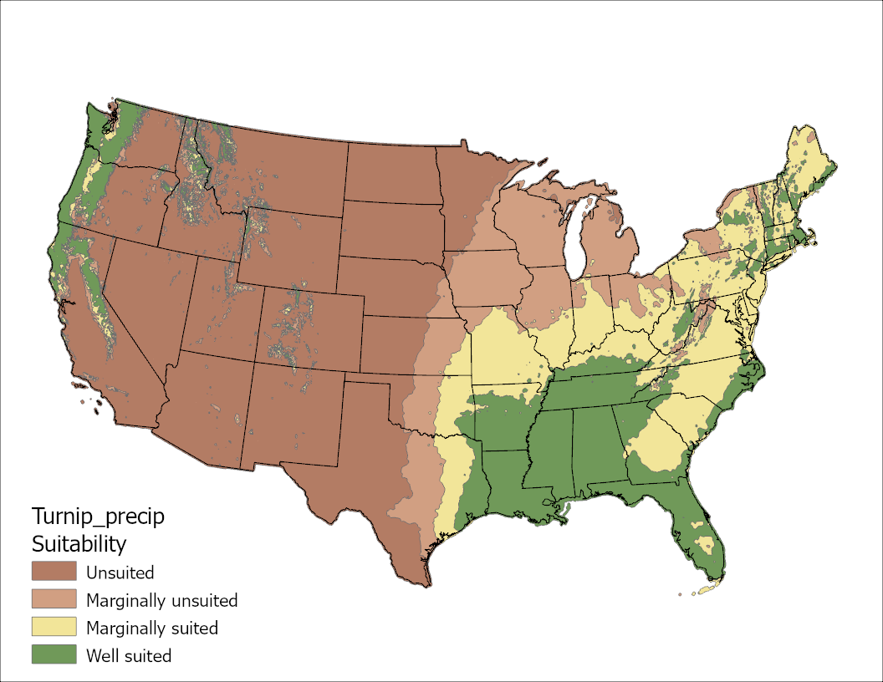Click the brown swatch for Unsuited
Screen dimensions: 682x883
click(54, 573)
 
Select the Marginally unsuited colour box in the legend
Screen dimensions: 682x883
click(54, 600)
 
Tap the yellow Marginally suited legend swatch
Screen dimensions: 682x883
click(54, 628)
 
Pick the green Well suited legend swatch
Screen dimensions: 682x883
click(54, 655)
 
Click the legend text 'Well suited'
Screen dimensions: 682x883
click(129, 656)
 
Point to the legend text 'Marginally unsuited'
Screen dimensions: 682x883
click(161, 601)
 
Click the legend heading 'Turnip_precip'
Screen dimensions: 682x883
click(98, 517)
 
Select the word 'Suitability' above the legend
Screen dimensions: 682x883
click(79, 544)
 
